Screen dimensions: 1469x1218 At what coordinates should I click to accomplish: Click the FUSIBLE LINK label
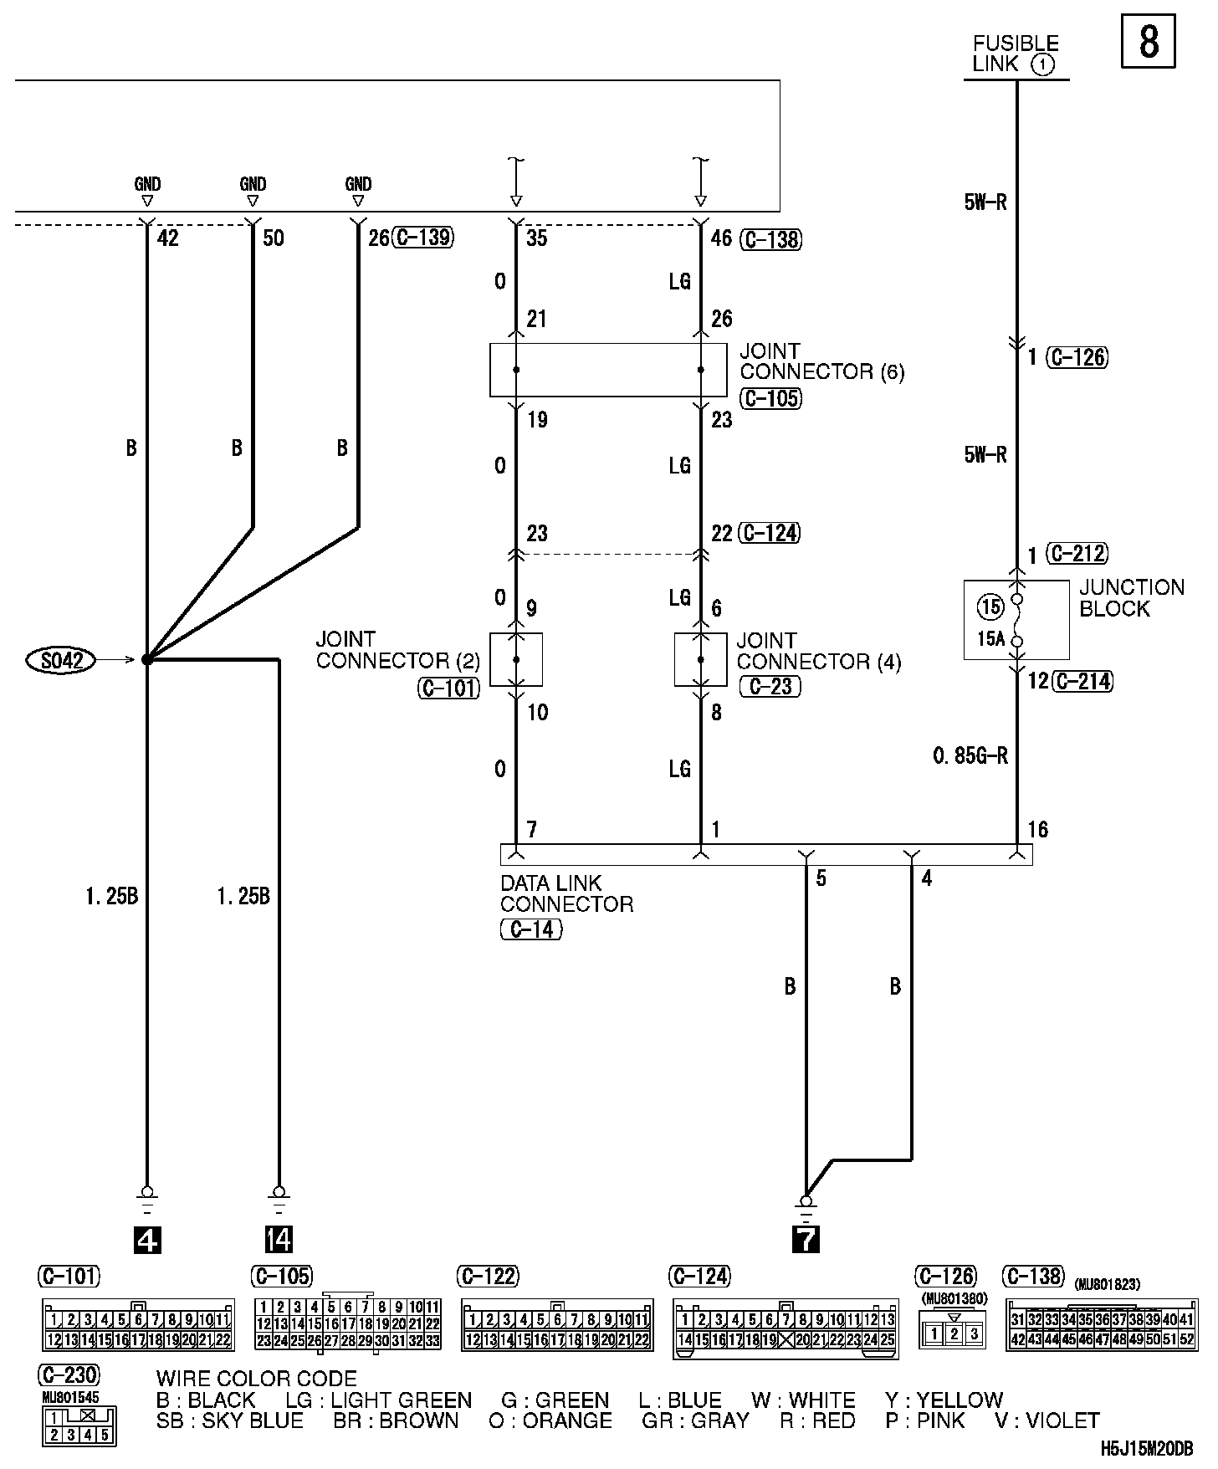click(x=1016, y=54)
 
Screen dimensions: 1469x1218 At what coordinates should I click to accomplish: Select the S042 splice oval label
click(x=62, y=661)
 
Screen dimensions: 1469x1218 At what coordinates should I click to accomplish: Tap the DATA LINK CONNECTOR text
click(x=566, y=893)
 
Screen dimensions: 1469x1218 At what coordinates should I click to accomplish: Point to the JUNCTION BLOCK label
click(x=1131, y=598)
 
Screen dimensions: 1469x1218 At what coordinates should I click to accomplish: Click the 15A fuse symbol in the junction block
click(x=1017, y=620)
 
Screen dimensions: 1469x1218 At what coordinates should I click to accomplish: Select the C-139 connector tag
click(x=424, y=238)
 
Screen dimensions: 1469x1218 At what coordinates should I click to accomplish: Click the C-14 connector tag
click(x=531, y=929)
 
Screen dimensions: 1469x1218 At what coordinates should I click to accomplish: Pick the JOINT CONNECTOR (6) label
click(x=821, y=361)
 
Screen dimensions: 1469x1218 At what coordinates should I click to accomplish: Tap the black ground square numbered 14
click(x=279, y=1239)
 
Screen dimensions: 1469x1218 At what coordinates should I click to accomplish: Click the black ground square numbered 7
click(x=806, y=1239)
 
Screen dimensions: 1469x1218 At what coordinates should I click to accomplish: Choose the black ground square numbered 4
click(x=147, y=1239)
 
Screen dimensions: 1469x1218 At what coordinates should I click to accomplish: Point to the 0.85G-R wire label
click(x=970, y=756)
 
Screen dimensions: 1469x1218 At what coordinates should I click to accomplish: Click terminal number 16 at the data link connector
click(x=1037, y=830)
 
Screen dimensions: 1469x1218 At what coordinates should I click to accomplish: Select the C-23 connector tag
click(x=770, y=687)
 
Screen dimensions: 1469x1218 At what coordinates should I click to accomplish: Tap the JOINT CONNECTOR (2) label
click(x=397, y=650)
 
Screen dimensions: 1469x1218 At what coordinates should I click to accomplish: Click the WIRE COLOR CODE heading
click(x=256, y=1379)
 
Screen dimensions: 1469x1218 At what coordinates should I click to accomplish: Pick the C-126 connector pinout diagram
click(x=953, y=1333)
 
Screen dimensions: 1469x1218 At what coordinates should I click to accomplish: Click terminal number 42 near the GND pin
click(x=167, y=238)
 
